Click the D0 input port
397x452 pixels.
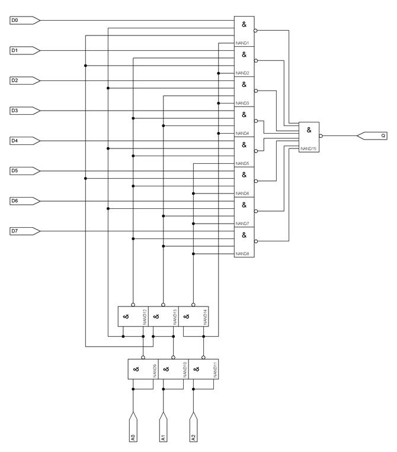24,21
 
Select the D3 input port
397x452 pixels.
24,111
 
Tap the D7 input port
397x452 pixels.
24,231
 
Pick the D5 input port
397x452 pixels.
24,171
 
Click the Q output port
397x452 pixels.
372,135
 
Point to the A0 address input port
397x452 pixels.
133,428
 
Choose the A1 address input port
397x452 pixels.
163,428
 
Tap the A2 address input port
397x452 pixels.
193,428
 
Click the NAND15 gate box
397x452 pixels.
309,137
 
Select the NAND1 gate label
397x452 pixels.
242,43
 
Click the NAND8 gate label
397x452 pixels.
242,254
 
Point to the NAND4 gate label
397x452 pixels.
242,133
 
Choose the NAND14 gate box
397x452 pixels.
193,317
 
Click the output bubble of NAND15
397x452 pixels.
321,135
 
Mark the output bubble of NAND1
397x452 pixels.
255,30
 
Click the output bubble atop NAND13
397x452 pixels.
163,305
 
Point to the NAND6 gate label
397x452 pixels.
242,193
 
